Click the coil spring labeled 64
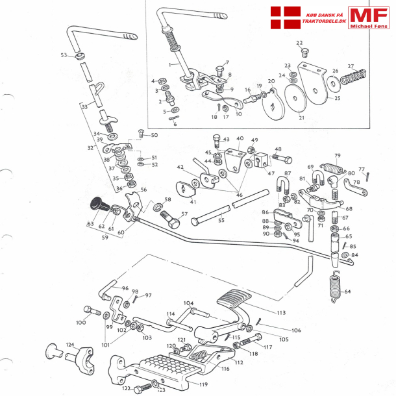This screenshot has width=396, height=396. click(335, 286)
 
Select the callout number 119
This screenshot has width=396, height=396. click(203, 384)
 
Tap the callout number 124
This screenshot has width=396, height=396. click(70, 345)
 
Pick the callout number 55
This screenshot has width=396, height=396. click(221, 221)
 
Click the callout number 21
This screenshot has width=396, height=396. click(301, 118)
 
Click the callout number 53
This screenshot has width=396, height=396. click(64, 55)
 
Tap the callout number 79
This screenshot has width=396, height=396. click(337, 156)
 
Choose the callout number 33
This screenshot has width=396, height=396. click(84, 106)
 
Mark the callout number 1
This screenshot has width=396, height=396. click(170, 65)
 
